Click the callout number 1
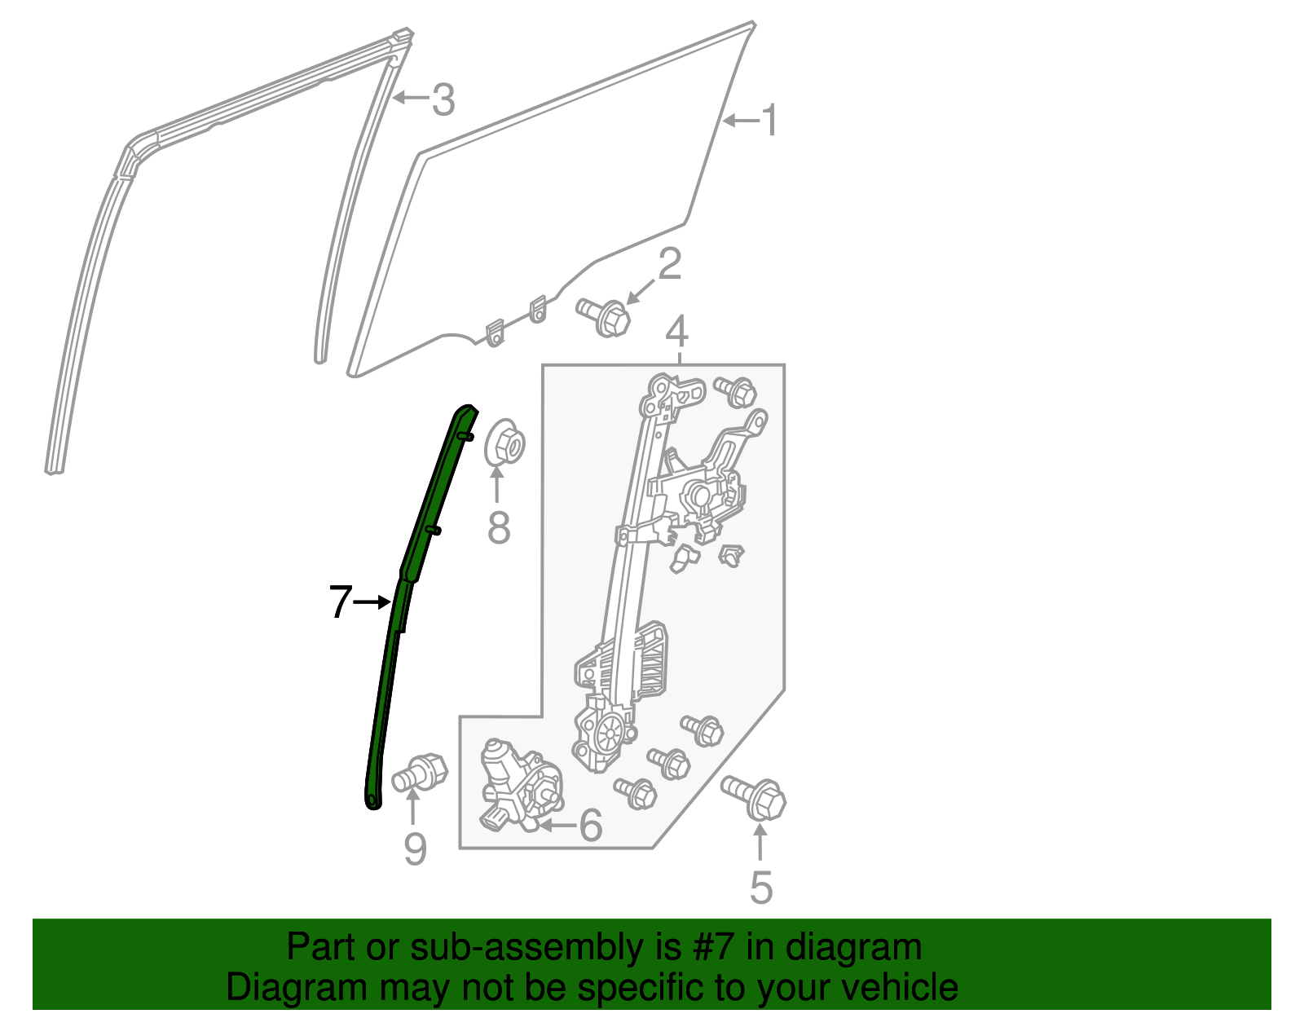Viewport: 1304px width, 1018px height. [x=769, y=121]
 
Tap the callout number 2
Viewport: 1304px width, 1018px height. [x=670, y=263]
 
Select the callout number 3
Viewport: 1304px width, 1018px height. [x=443, y=99]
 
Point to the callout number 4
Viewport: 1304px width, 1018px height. [x=676, y=332]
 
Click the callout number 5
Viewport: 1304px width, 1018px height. [x=761, y=888]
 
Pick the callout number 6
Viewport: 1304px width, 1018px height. [x=590, y=825]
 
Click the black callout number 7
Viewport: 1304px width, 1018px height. [x=340, y=602]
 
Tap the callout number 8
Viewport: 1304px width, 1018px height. [x=499, y=528]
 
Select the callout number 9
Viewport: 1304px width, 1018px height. [x=416, y=848]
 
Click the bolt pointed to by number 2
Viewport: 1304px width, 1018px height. [x=604, y=316]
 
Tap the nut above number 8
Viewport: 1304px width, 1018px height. [x=504, y=443]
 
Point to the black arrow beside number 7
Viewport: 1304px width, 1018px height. [x=372, y=602]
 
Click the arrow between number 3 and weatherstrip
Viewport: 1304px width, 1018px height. [x=412, y=96]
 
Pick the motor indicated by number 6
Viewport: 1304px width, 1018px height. [x=520, y=785]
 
